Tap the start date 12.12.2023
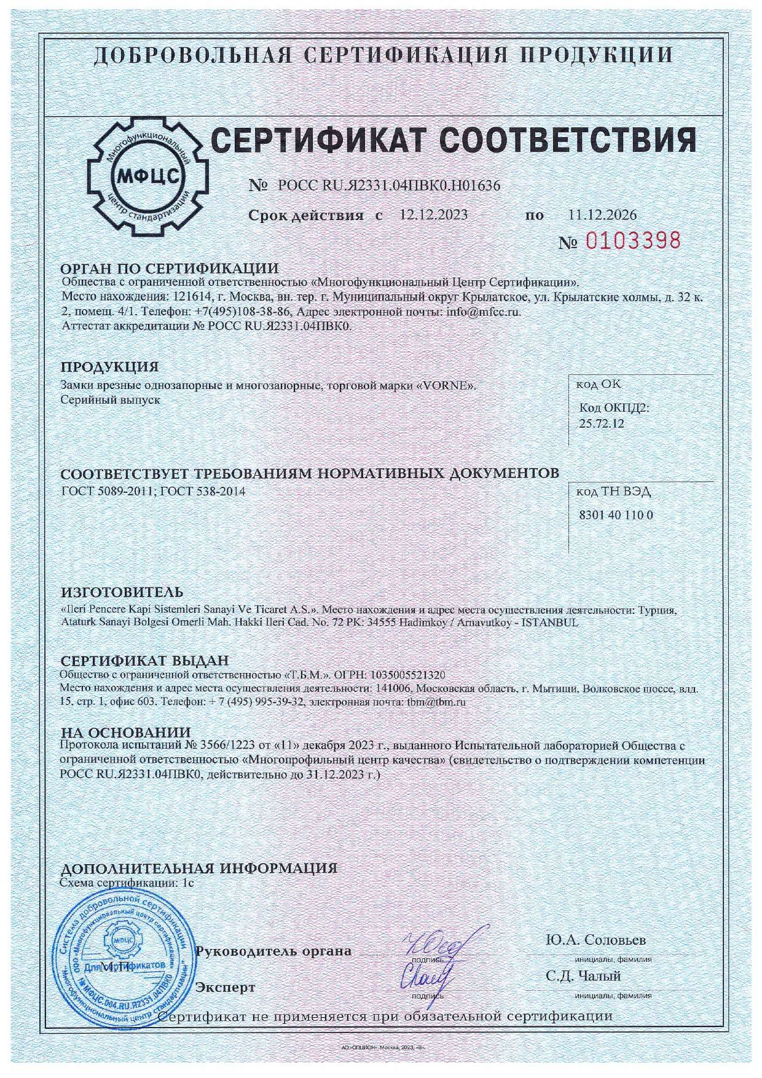click(433, 214)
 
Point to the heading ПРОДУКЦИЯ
click(109, 367)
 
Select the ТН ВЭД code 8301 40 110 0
click(616, 515)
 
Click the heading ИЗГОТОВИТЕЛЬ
click(122, 592)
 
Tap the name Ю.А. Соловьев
click(595, 940)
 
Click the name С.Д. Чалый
click(583, 976)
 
